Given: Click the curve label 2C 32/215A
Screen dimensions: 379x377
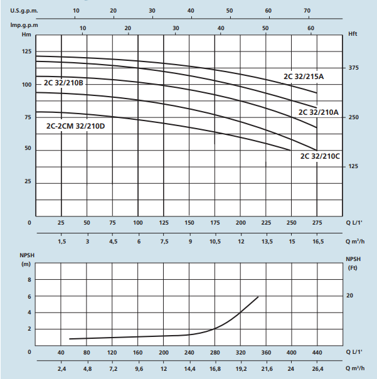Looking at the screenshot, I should click(304, 77).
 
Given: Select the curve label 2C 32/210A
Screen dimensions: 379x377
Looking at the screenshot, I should click(318, 112).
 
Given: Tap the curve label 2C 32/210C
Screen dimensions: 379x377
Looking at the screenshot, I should click(320, 156).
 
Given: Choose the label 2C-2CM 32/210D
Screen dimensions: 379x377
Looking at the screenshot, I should click(75, 125).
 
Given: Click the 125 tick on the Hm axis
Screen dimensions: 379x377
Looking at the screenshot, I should click(26, 51).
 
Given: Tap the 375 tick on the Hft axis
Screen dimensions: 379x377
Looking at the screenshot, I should click(352, 68).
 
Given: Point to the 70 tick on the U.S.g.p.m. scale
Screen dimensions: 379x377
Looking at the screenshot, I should click(307, 11).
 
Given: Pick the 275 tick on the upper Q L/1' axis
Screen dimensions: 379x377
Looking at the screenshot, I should click(317, 223).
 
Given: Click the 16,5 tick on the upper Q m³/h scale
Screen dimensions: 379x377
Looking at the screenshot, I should click(317, 241).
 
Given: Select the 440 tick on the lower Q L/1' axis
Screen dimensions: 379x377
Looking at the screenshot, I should click(317, 353).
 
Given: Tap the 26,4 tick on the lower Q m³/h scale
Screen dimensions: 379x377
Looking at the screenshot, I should click(317, 370).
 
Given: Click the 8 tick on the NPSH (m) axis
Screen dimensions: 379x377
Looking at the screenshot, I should click(29, 278).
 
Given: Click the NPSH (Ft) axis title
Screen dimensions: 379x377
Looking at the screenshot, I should click(354, 263).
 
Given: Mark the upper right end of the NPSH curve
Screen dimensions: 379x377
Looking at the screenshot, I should click(258, 297).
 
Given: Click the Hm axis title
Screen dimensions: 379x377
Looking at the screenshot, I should click(26, 35).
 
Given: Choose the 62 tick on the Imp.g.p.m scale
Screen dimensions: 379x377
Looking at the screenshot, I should click(310, 28).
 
